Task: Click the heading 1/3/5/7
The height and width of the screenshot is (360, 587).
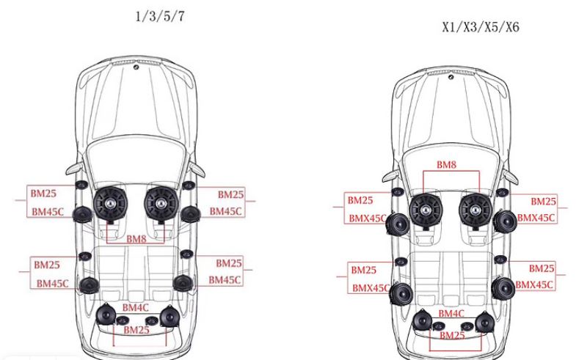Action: pyautogui.click(x=160, y=16)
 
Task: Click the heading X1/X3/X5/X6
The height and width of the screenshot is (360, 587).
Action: pyautogui.click(x=481, y=27)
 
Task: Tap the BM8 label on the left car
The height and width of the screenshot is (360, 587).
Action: pyautogui.click(x=136, y=239)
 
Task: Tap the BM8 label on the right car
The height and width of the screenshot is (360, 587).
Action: pyautogui.click(x=446, y=165)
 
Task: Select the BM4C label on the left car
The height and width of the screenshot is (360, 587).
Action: pyautogui.click(x=135, y=308)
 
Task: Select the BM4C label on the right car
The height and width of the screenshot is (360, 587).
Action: pyautogui.click(x=451, y=314)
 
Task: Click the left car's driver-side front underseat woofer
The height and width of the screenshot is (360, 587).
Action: pyautogui.click(x=110, y=204)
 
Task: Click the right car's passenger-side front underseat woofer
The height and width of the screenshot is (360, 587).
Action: pyautogui.click(x=475, y=210)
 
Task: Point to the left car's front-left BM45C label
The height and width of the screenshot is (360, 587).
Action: pyautogui.click(x=48, y=212)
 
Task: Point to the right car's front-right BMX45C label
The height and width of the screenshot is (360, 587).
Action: pyautogui.click(x=536, y=218)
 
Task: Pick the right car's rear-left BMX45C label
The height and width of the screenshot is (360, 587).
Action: pyautogui.click(x=371, y=287)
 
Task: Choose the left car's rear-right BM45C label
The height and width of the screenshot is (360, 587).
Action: pyautogui.click(x=225, y=280)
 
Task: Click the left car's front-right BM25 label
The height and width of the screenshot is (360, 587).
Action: pyautogui.click(x=230, y=194)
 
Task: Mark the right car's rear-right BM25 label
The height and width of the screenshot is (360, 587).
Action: pyautogui.click(x=542, y=268)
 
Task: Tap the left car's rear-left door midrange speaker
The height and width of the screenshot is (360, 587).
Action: pyautogui.click(x=89, y=286)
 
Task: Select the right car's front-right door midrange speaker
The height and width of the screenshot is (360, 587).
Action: pyautogui.click(x=505, y=221)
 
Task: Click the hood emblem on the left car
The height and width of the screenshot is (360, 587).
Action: pyautogui.click(x=136, y=67)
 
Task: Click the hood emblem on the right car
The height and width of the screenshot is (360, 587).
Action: pyautogui.click(x=451, y=77)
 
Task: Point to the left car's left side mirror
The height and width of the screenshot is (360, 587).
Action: pyautogui.click(x=74, y=169)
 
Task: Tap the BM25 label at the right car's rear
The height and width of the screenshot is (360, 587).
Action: pyautogui.click(x=452, y=336)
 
